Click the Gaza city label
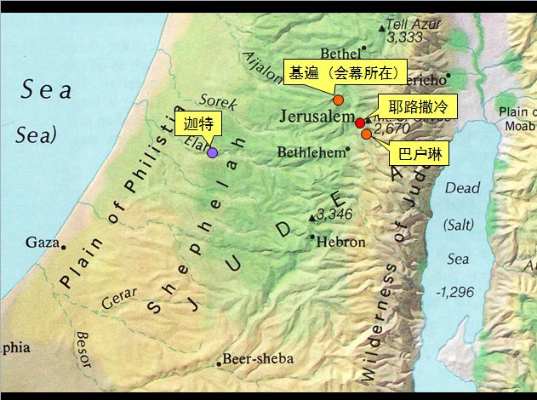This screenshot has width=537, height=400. coord(42,243)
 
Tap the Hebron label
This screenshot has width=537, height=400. coord(340,243)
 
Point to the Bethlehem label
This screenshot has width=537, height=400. coord(311,152)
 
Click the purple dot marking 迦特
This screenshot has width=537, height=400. coord(212,153)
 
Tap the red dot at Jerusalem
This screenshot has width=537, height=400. coord(360,123)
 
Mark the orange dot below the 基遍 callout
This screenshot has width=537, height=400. coord(338,100)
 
